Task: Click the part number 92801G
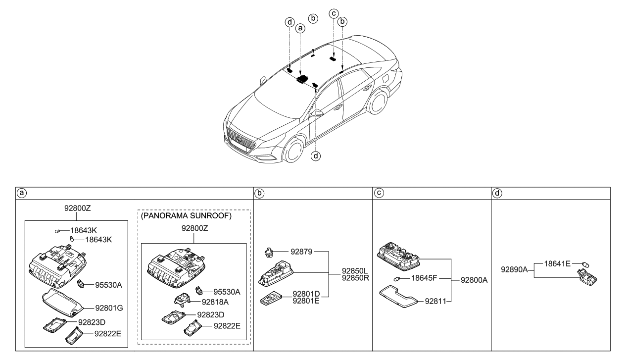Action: pos(105,308)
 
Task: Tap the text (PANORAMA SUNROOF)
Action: pos(186,216)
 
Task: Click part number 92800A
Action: pos(474,280)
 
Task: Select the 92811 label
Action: pos(435,301)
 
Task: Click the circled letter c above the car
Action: pos(334,13)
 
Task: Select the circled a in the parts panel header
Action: pos(21,193)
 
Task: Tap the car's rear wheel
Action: pos(379,103)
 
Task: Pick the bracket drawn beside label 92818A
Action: pos(185,299)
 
